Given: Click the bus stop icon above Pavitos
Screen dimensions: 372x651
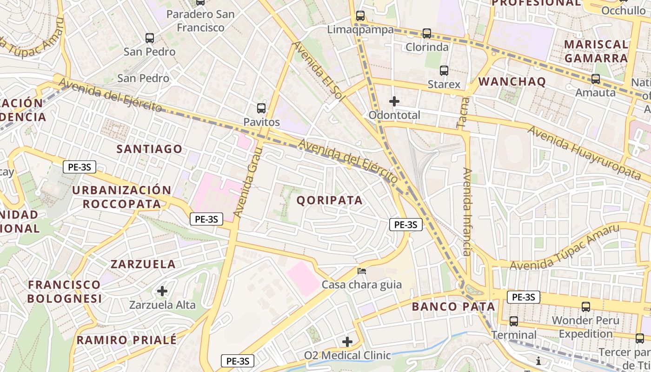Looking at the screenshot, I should [261, 108].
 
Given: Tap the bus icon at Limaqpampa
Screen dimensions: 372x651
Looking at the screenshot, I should [360, 16].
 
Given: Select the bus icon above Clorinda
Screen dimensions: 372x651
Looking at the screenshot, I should [427, 33].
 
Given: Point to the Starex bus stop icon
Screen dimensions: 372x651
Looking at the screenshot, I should [444, 71].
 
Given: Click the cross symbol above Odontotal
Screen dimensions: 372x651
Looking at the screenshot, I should [394, 101].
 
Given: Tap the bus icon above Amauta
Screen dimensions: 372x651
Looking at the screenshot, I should [596, 79].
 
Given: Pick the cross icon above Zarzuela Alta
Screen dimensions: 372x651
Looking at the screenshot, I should [162, 291].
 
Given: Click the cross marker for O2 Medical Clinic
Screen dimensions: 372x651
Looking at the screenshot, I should [347, 342].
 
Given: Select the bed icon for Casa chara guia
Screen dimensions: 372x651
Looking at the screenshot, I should [362, 271].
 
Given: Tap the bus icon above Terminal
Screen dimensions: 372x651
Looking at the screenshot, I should [514, 321].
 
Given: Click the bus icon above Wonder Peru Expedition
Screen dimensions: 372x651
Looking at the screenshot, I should [586, 307].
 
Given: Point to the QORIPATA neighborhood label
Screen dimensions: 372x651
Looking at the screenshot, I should [330, 200].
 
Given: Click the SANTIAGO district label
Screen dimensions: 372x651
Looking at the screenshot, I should [149, 149].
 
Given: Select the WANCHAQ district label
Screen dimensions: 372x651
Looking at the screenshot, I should [512, 82].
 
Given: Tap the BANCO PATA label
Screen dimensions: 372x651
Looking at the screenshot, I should [453, 307].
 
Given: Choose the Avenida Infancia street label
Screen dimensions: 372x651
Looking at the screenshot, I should [468, 212].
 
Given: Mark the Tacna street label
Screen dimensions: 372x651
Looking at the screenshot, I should [462, 113].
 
